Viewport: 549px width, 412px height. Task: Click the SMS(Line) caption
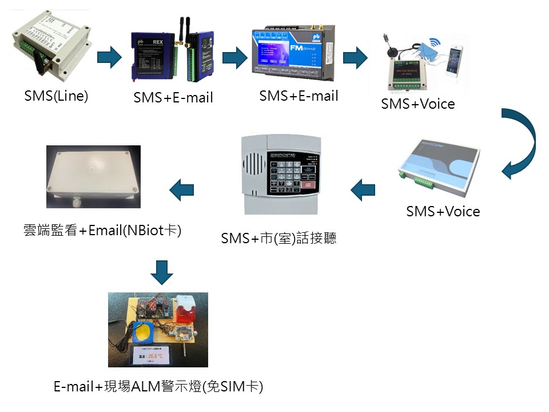[56, 96]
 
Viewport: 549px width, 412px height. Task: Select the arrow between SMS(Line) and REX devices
[110, 57]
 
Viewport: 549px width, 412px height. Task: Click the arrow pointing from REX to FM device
[234, 57]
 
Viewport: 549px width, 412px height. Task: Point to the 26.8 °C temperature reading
[150, 355]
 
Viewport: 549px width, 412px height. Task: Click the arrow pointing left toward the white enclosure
[182, 189]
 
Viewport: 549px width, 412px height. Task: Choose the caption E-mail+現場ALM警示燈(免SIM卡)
[158, 386]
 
